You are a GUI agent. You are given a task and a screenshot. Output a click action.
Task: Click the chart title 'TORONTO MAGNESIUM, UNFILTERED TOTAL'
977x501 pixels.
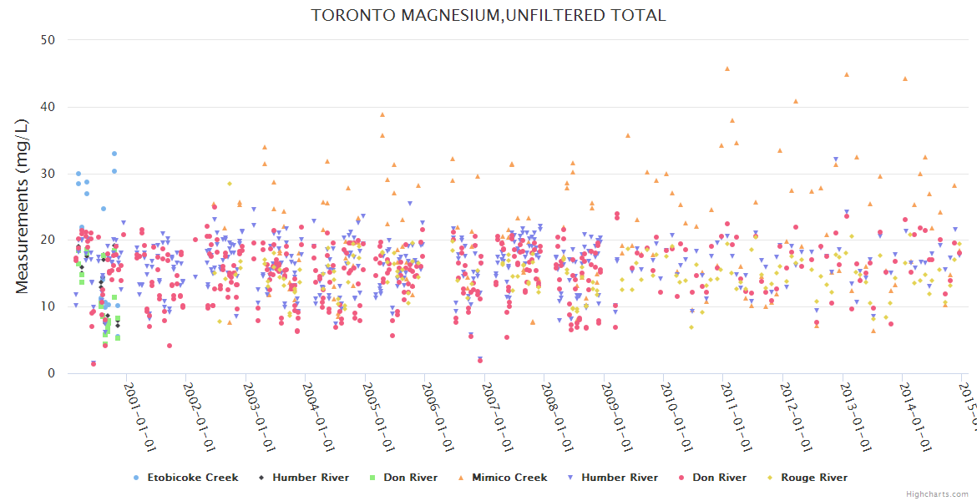pos(488,15)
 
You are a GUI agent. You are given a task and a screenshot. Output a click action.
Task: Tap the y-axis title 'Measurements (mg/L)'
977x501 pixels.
pos(23,207)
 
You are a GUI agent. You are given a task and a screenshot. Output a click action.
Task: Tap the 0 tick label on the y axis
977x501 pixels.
pos(52,373)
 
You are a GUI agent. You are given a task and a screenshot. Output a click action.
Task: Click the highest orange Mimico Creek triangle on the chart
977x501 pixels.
pos(727,68)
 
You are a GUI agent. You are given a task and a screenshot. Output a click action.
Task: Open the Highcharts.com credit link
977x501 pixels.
pos(937,493)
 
